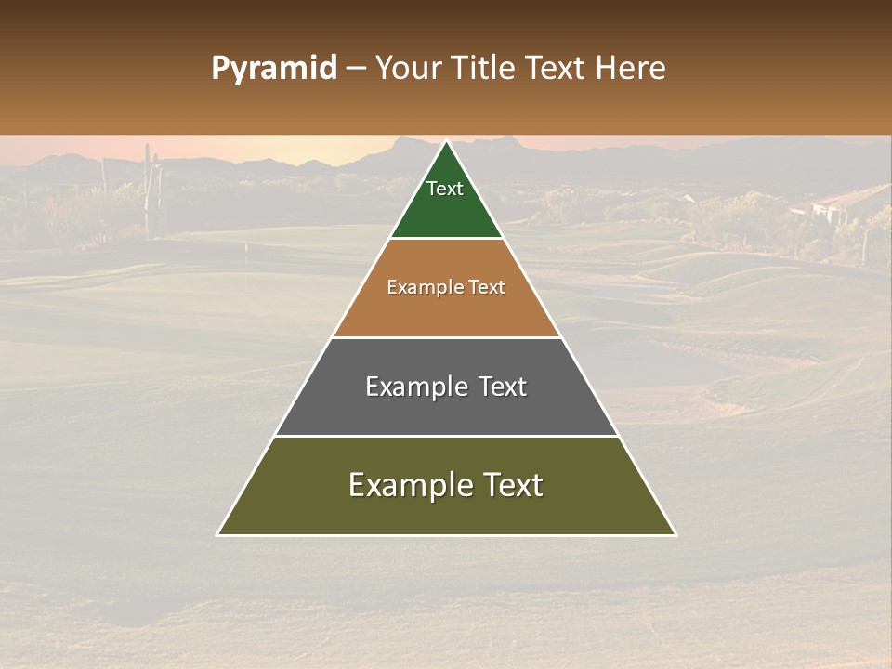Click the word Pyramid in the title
[274, 69]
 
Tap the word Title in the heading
[485, 69]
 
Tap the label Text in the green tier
[445, 189]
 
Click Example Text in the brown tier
[446, 287]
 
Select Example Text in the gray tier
[446, 387]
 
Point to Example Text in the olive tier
[446, 485]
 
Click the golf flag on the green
[245, 250]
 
